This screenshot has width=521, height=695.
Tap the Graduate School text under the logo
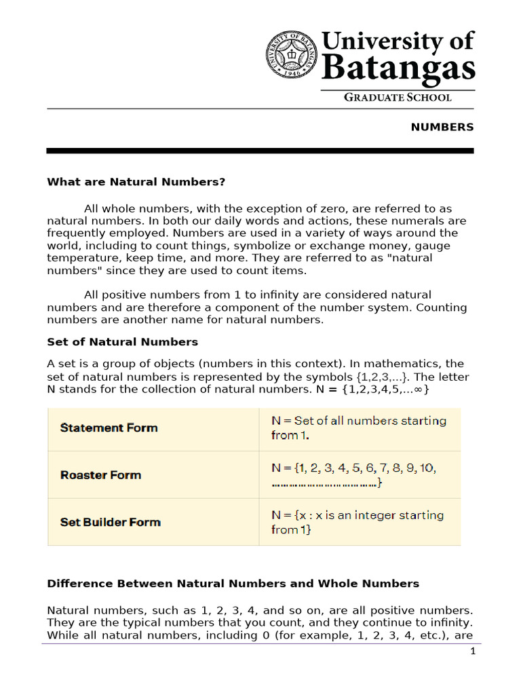(398, 97)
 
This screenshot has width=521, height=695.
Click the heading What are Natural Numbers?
(136, 182)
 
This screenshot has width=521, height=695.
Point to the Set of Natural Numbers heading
(122, 341)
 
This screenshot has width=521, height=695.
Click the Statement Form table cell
(109, 428)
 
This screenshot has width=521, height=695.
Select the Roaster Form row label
(100, 475)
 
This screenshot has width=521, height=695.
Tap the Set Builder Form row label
(110, 522)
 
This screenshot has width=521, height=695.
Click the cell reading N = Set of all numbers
(358, 428)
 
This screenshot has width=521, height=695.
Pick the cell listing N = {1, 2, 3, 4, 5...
(353, 475)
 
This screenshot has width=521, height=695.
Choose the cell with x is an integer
(357, 522)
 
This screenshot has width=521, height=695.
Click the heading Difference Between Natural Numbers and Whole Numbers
(233, 584)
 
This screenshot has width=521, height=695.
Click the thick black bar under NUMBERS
(260, 150)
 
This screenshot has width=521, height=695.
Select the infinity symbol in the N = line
(421, 390)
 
